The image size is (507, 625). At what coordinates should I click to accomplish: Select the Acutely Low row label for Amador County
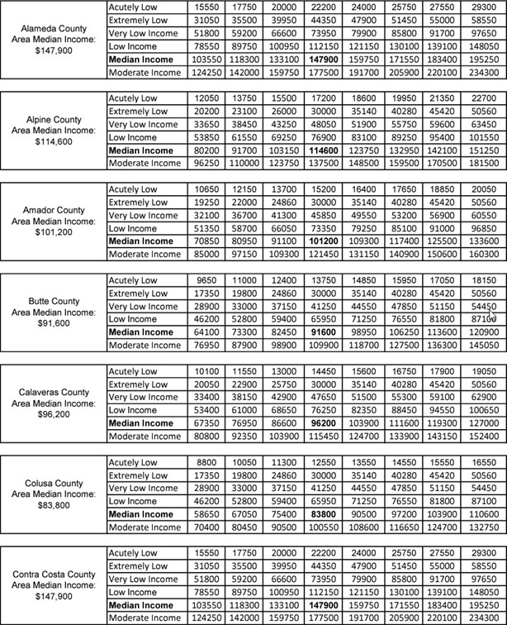pyautogui.click(x=133, y=188)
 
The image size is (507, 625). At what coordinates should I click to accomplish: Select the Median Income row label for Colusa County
pyautogui.click(x=140, y=513)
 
